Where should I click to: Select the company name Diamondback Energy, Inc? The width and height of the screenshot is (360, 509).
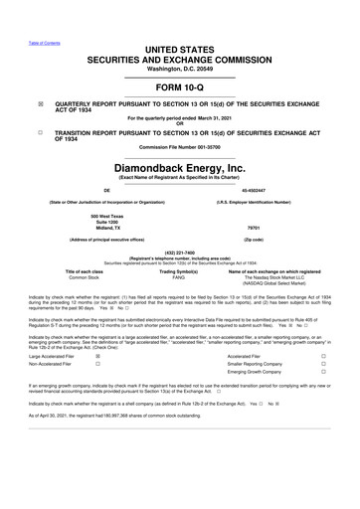(179, 168)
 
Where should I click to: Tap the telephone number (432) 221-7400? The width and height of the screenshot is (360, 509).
(179, 252)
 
